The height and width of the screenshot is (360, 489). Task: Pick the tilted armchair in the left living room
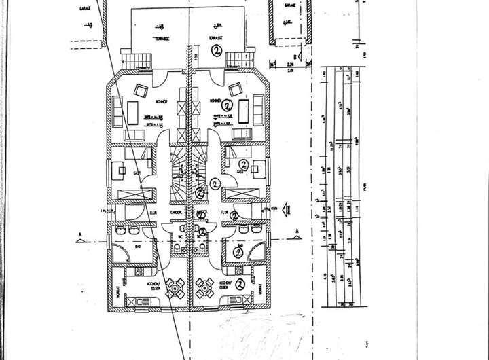click(141, 90)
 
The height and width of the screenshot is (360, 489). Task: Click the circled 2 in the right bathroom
click(238, 252)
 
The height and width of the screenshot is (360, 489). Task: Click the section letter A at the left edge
click(80, 236)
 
